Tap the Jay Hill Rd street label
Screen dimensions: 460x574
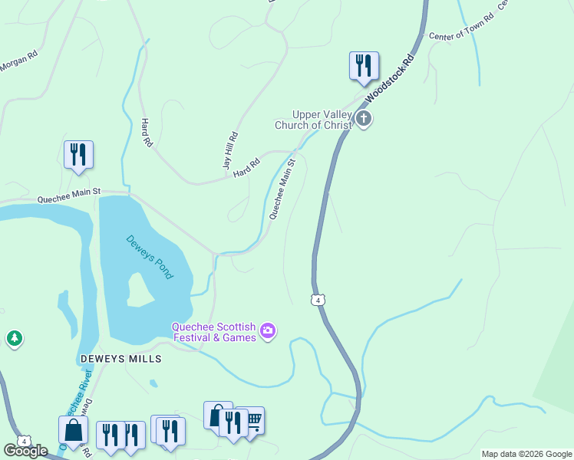coord(230,150)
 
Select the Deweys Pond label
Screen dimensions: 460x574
coord(150,257)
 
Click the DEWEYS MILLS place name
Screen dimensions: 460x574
coord(120,359)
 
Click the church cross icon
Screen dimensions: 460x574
coord(364,118)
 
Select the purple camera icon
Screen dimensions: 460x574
coord(268,331)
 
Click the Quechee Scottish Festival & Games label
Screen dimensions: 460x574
coord(214,331)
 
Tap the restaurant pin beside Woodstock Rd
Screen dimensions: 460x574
coord(364,66)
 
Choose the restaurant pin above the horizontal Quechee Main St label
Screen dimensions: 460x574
coord(78,154)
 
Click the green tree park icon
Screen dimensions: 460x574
coord(14,338)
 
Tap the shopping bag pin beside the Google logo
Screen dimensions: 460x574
coord(73,429)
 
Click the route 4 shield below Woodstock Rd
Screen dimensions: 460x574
coord(317,300)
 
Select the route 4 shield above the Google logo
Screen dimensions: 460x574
coord(25,441)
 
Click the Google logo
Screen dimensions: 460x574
coord(25,452)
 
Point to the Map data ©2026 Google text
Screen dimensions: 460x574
coord(526,454)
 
